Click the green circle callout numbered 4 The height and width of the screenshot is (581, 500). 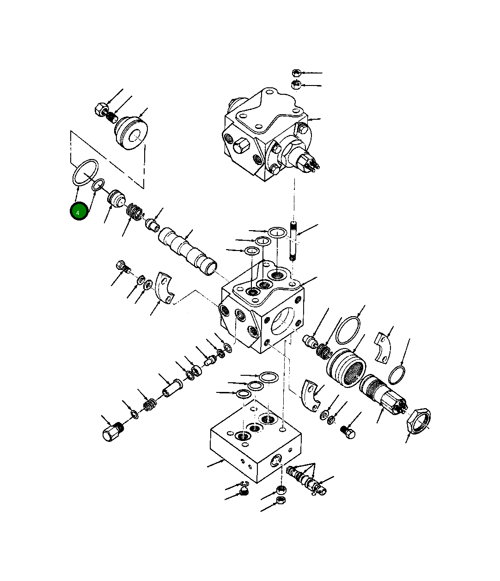click(x=79, y=212)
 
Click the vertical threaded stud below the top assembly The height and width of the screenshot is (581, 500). click(x=293, y=242)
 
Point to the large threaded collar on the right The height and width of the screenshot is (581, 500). click(x=346, y=368)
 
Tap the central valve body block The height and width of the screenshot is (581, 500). click(x=262, y=314)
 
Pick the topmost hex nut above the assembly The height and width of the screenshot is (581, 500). click(x=297, y=73)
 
